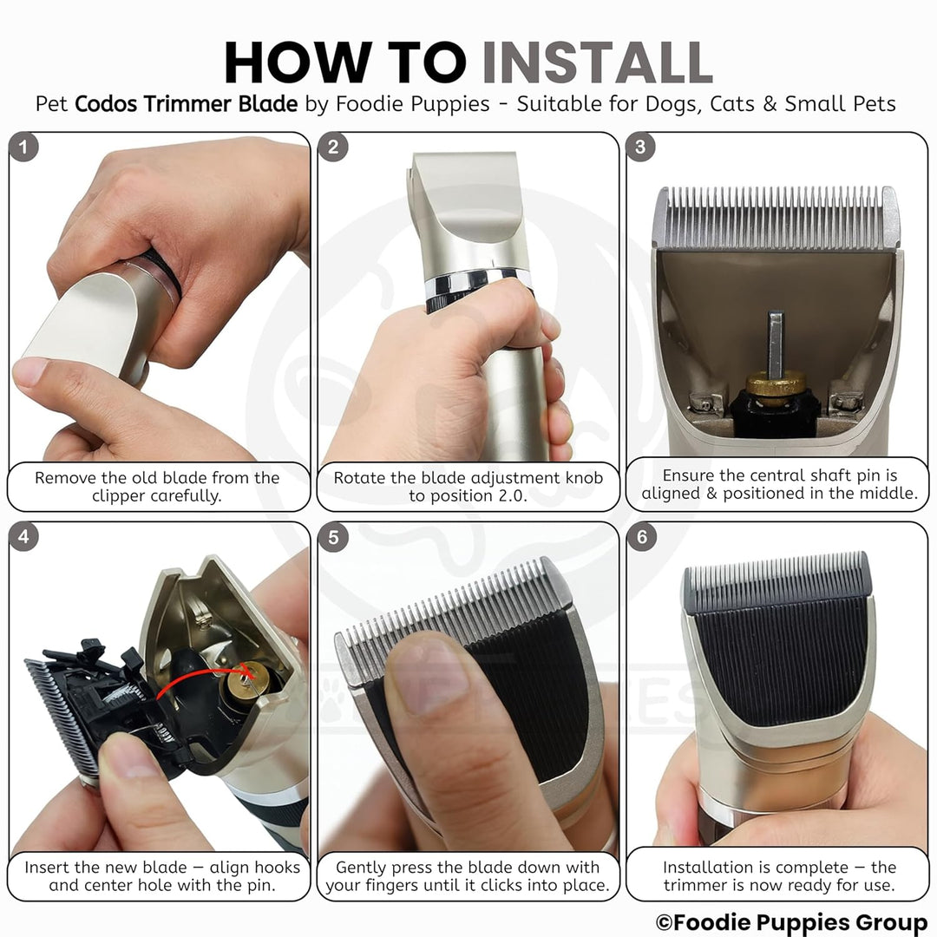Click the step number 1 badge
pyautogui.click(x=24, y=147)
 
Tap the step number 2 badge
pyautogui.click(x=333, y=147)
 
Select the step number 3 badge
pyautogui.click(x=640, y=147)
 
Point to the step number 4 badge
pyautogui.click(x=24, y=537)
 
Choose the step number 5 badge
pyautogui.click(x=333, y=537)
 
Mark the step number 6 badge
pyautogui.click(x=642, y=537)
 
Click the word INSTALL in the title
pyautogui.click(x=596, y=62)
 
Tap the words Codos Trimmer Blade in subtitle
pyautogui.click(x=186, y=104)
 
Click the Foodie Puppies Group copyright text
pyautogui.click(x=792, y=922)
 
